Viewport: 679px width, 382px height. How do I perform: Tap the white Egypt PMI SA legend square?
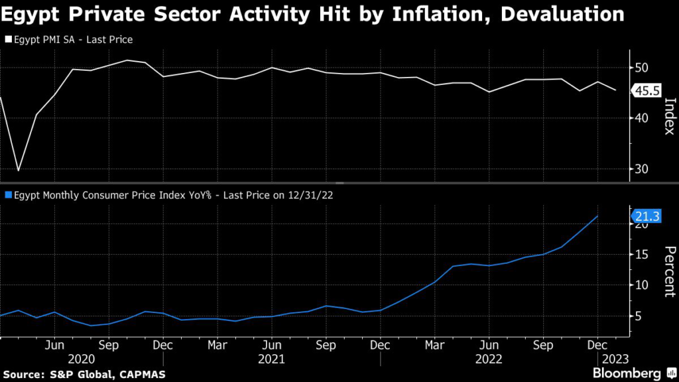pos(7,40)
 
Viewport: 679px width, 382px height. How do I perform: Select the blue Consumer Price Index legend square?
pos(7,195)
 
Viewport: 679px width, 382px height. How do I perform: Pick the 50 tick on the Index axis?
pos(641,68)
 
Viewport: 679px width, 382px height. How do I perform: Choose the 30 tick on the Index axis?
pos(641,169)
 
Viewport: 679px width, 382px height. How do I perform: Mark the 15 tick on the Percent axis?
pos(641,255)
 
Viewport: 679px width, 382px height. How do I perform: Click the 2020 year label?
pos(81,359)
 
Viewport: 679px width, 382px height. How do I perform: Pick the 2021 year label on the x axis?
pos(271,359)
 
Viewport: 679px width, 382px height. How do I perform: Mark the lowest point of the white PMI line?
pos(19,170)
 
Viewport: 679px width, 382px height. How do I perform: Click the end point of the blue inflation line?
pos(598,216)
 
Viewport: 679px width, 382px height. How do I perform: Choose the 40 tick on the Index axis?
pos(641,118)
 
